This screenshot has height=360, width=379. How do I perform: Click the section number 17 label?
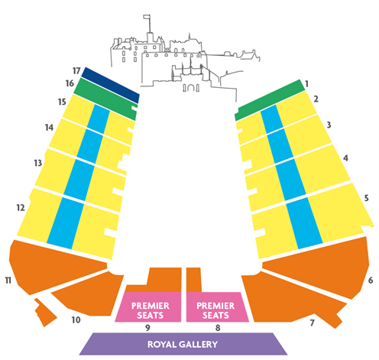coord(76,71)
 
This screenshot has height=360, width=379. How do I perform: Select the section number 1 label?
coord(306,83)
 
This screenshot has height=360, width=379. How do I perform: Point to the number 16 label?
coord(70,83)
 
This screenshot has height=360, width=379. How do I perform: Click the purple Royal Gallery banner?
coord(183,344)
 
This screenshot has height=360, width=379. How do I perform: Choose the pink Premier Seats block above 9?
coord(148,307)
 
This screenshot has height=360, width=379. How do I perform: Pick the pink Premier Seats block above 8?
coord(217,307)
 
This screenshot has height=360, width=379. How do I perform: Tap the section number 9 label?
coord(147,328)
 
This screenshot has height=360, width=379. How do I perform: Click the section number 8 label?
coord(218,328)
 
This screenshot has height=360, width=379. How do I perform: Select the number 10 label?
coord(76,319)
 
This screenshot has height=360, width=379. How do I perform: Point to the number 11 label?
coord(8,281)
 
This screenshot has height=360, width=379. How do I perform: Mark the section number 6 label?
coord(371,281)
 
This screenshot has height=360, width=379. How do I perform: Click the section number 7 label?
coord(312,323)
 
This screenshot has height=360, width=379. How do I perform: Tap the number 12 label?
coord(21,208)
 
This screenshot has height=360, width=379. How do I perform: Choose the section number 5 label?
coord(366,198)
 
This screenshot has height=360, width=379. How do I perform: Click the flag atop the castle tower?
coord(147,17)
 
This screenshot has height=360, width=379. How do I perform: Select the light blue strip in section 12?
coord(66,223)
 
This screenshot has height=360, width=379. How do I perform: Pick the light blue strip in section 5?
coord(304,223)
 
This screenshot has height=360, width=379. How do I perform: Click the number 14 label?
coord(49,127)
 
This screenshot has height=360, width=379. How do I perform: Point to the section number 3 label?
coord(329,125)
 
